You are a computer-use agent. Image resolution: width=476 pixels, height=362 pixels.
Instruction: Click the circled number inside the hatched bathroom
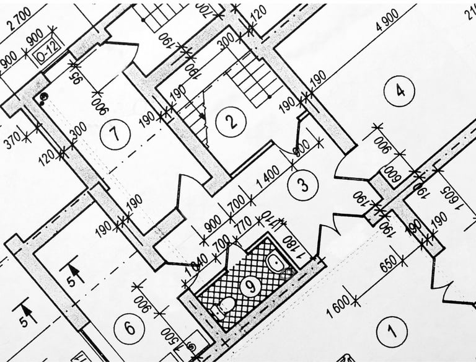249,286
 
